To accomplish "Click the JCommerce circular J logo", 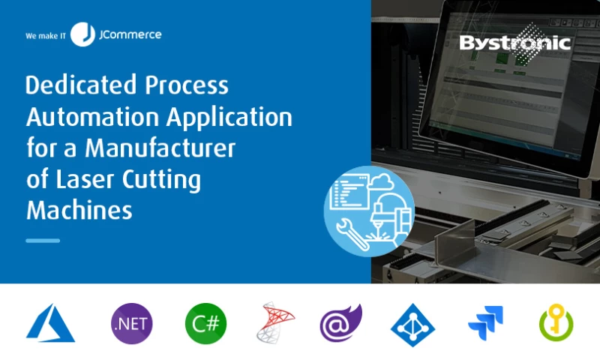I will click(x=82, y=34).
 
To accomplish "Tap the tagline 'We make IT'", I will click(x=46, y=35).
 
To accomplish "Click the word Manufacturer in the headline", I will click(x=160, y=148).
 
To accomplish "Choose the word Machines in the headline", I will click(x=79, y=210).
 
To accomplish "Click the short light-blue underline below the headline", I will click(x=43, y=241).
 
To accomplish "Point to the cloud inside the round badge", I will click(x=383, y=183).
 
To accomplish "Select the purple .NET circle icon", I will click(x=131, y=324).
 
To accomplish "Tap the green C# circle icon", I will click(x=205, y=324).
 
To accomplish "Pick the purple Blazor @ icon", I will click(x=340, y=323).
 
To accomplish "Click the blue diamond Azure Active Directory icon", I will click(x=412, y=324).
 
